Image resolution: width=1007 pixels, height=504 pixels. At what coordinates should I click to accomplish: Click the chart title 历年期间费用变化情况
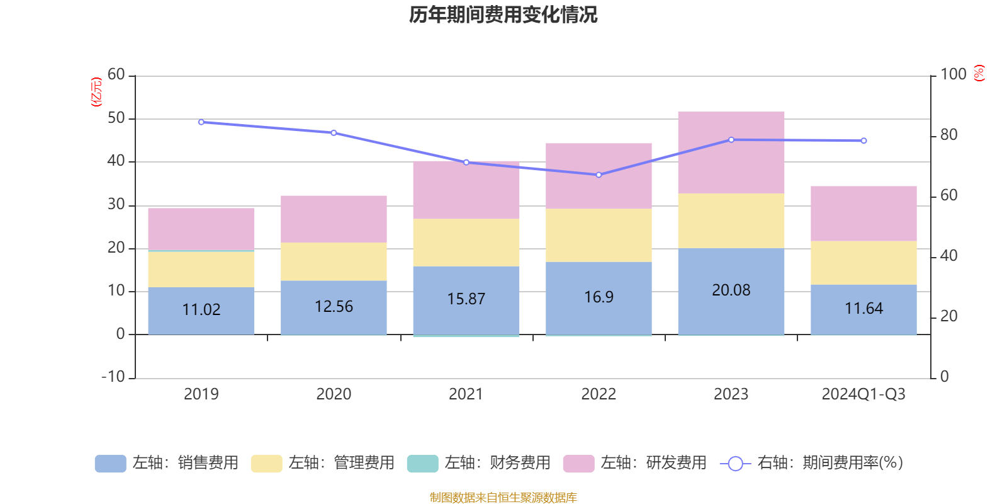click(x=503, y=14)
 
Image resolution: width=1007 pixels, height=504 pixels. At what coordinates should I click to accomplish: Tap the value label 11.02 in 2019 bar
click(x=201, y=309)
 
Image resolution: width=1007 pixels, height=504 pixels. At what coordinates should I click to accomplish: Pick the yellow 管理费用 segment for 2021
click(x=466, y=243)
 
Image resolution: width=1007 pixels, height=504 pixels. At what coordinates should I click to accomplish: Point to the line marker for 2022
click(x=599, y=175)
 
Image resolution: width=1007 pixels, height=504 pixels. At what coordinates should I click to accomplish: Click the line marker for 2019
click(x=201, y=122)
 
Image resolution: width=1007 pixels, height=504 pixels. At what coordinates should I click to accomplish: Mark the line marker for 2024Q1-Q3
click(x=864, y=141)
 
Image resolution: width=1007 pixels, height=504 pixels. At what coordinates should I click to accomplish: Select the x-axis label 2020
click(x=334, y=394)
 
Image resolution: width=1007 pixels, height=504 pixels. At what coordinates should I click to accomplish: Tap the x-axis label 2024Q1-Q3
click(x=864, y=394)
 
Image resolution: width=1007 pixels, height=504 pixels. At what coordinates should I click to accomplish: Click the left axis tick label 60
click(x=116, y=75)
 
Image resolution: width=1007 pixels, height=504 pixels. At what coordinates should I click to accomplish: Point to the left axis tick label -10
click(x=114, y=377)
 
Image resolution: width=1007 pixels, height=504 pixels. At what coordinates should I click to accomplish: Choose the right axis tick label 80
click(x=948, y=135)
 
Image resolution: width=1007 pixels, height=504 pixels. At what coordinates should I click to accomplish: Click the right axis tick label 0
click(x=944, y=377)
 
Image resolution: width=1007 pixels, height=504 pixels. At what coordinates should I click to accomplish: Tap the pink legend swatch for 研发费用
click(x=578, y=464)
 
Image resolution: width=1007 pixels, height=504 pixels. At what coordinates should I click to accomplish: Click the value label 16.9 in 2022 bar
click(x=599, y=297)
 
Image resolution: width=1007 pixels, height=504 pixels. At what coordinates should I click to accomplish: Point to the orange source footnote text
click(x=503, y=498)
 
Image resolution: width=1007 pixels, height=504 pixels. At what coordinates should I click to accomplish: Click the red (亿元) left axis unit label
click(x=96, y=93)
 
